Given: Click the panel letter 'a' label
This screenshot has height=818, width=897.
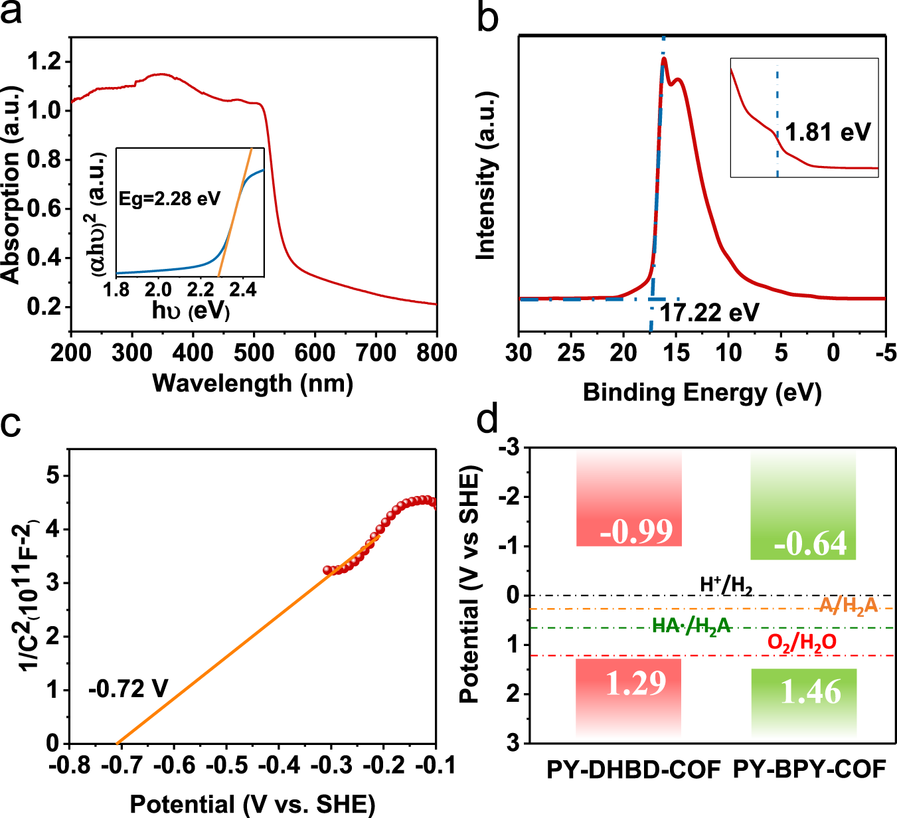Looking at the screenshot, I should tap(11, 13).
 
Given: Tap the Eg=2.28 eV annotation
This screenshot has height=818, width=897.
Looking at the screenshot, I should tap(169, 199).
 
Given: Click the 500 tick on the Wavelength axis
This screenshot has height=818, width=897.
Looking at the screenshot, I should tap(254, 353).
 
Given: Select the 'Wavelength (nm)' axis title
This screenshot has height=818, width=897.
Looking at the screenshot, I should tap(253, 383).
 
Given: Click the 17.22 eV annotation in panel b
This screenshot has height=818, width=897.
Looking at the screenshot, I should tap(709, 313).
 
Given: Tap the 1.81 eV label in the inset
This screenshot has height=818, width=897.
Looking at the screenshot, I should tap(827, 132).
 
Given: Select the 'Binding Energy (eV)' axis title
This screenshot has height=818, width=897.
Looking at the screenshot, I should tap(702, 393).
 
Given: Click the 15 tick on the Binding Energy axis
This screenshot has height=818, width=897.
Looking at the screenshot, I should tap(676, 353).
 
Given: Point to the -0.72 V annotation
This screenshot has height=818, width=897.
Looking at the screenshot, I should tap(128, 689).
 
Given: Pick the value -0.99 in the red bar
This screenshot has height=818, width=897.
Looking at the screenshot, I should tap(636, 531).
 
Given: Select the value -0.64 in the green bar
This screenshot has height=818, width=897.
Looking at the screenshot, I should tap(811, 544).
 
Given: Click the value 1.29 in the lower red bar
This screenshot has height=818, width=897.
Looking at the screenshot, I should tap(635, 683).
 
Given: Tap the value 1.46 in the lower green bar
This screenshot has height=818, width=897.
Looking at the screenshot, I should tap(811, 693).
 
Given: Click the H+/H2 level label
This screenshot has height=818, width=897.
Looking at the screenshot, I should tap(726, 585).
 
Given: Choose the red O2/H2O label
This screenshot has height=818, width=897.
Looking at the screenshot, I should tap(801, 642).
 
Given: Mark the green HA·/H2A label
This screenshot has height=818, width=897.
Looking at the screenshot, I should tap(691, 626).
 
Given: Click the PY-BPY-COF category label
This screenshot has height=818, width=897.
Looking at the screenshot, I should tap(809, 770).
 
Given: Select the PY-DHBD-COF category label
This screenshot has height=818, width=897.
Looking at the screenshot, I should tap(633, 770).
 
